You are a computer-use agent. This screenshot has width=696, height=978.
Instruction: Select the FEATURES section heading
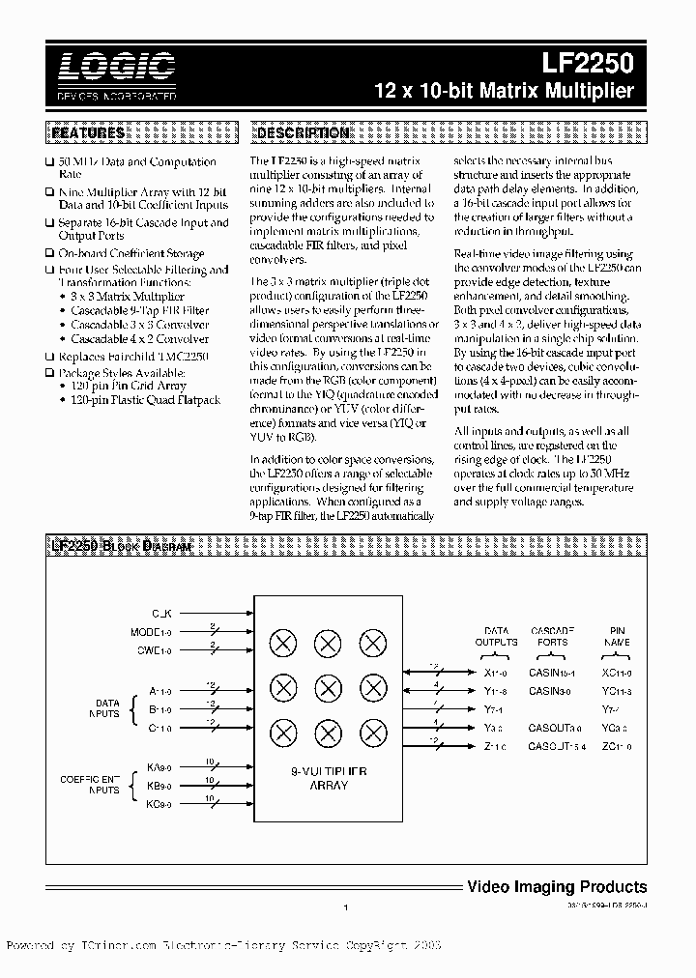coord(88,133)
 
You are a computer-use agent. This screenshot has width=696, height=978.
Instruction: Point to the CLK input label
coord(161,614)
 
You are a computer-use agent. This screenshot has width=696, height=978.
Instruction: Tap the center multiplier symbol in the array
coord(328,687)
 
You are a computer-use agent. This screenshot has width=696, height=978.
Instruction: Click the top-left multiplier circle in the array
coord(283,642)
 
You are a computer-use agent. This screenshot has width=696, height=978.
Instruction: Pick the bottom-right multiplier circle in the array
coord(373,732)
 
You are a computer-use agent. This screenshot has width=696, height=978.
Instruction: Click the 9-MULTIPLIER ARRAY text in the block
coord(329,778)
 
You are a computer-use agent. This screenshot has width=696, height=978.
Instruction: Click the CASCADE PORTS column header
coord(554,636)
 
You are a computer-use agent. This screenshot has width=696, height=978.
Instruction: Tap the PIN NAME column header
coord(618,636)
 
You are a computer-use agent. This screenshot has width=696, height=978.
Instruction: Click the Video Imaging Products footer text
coord(557,886)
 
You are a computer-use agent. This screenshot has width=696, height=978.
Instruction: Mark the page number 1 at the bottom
coord(345,907)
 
